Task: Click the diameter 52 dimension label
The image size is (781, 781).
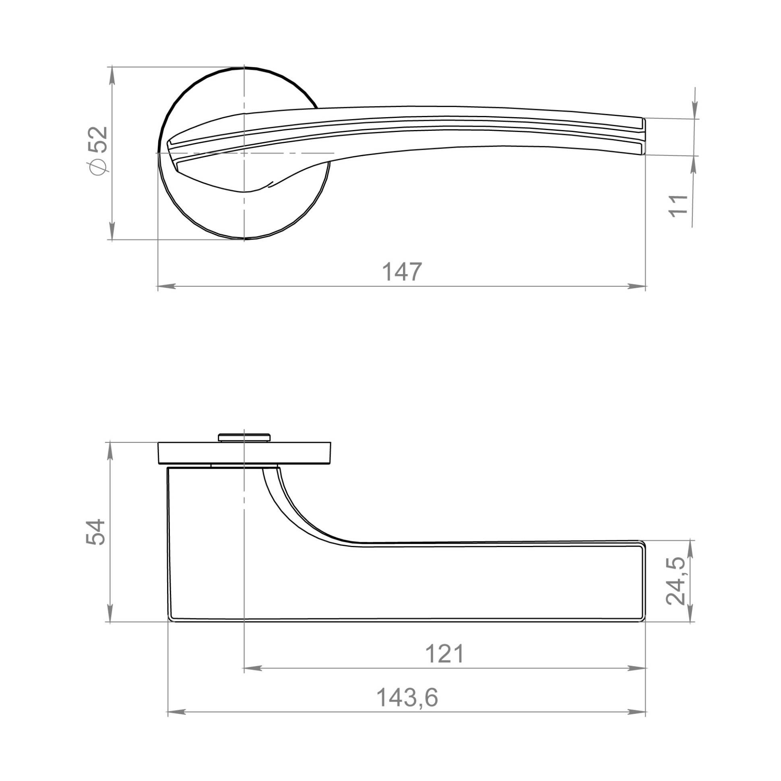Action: (99, 151)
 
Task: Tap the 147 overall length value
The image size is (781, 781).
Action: (402, 272)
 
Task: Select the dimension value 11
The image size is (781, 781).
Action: (679, 206)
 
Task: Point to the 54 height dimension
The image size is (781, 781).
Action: (96, 532)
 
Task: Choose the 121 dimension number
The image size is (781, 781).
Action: (445, 654)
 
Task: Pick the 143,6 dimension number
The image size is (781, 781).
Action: (407, 698)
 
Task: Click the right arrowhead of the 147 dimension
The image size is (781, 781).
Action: (636, 286)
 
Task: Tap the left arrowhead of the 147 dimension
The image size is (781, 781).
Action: (167, 286)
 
